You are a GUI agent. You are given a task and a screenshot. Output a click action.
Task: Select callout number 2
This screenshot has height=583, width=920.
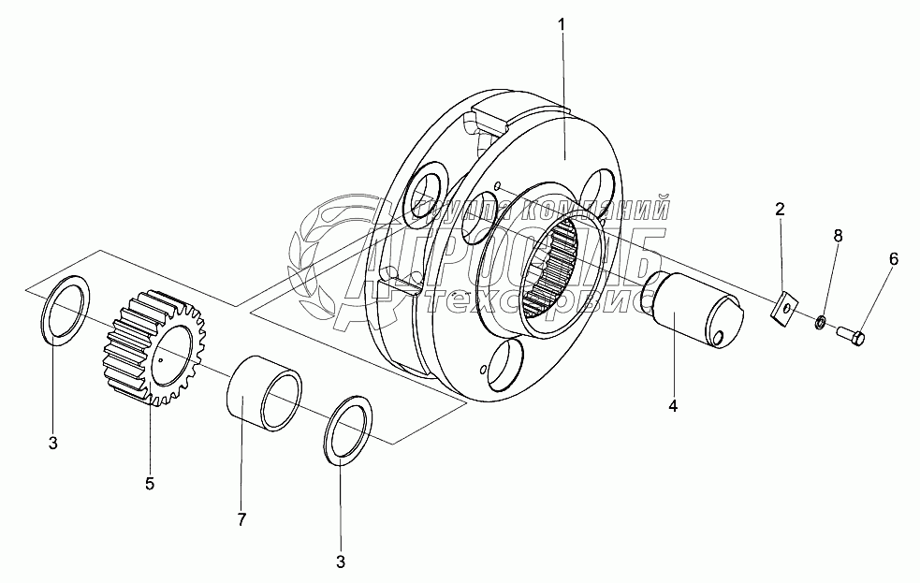coord(780,210)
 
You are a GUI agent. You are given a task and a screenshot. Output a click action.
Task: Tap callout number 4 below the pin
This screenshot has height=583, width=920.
coord(672,406)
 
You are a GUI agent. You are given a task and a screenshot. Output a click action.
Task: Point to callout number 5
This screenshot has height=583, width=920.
coord(150,483)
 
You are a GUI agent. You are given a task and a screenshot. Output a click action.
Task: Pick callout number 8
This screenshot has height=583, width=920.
coord(838,237)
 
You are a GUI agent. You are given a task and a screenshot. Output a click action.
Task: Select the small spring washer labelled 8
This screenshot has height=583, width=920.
coord(820,323)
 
